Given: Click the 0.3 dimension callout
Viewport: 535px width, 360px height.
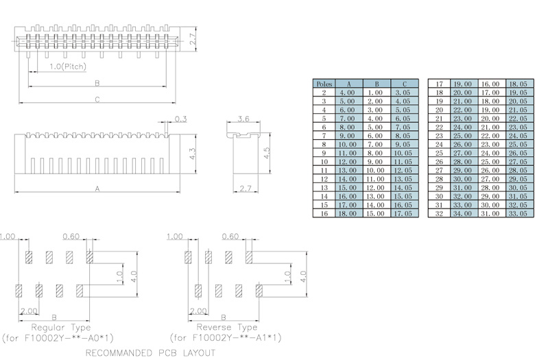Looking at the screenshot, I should coord(181,119).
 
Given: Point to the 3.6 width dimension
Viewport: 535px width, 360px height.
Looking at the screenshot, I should coord(243,119).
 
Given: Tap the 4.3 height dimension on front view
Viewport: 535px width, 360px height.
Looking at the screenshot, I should coord(193,154).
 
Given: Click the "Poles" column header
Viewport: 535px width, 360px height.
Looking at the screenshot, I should coord(324,84).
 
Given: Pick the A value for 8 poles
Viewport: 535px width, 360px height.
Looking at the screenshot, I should coord(347,144).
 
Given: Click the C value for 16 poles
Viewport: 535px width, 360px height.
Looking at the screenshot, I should coord(403,213).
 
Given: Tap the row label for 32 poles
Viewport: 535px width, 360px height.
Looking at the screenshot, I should coord(440,213).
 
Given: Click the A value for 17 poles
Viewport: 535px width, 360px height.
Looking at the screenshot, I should coord(462,84).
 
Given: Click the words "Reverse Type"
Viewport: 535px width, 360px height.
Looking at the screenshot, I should coord(227,327).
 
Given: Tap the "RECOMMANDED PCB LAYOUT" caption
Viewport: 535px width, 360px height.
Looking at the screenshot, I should coord(151,352).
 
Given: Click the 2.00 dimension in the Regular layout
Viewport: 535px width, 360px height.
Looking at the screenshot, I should coord(28,311).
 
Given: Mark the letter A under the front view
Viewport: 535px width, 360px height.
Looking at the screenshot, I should coord(97,188).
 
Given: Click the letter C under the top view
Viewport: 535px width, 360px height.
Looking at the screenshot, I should coord(97,100).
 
